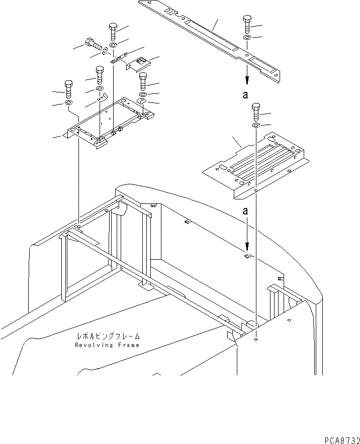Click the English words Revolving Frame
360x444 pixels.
click(107, 345)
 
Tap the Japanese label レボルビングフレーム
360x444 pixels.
click(108, 337)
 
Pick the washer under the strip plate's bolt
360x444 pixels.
click(247, 38)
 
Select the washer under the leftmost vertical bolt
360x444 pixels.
click(67, 103)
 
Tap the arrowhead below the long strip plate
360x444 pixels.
click(247, 80)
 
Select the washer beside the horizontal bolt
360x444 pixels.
click(104, 51)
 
